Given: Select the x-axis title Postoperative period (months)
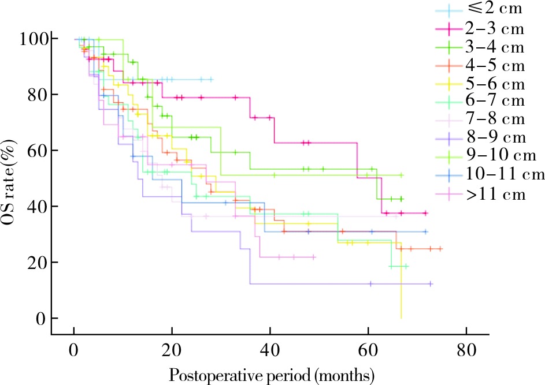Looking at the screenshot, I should (x=272, y=375).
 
